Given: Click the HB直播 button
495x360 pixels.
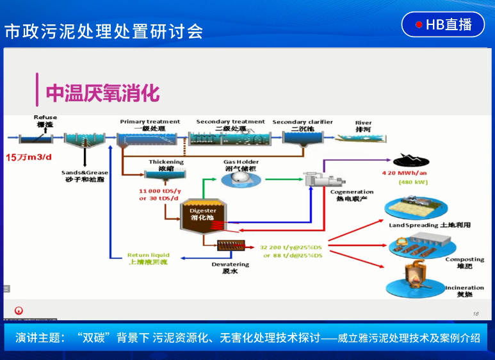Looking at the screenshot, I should [x=443, y=25].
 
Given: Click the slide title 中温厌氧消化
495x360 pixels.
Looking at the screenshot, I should [x=102, y=94].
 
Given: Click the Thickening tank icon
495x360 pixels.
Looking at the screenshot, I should [x=166, y=174].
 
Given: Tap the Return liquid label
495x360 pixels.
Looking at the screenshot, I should [x=149, y=255].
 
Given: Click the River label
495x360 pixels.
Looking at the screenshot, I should [x=363, y=122].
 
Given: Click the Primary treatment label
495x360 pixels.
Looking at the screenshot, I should [x=150, y=122].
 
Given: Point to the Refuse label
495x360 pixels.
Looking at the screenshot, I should [x=45, y=118].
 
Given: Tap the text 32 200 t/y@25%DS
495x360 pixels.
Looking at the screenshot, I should [x=291, y=247].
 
